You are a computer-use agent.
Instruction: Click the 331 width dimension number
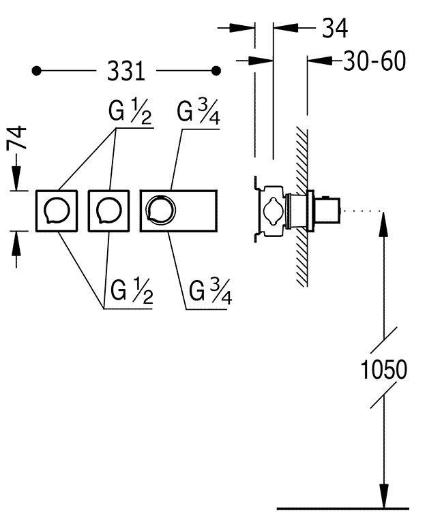(126, 71)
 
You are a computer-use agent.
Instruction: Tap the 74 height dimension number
(16, 138)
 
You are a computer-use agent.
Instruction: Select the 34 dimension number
(334, 28)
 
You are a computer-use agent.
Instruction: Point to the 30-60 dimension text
(374, 61)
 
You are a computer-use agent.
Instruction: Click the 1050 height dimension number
(383, 369)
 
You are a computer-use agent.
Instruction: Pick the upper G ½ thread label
(130, 112)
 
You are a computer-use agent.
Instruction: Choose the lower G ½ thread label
(132, 291)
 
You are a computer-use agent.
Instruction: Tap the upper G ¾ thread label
(198, 112)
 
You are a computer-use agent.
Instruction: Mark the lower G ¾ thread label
(211, 292)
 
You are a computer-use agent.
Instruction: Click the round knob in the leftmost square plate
(57, 211)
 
